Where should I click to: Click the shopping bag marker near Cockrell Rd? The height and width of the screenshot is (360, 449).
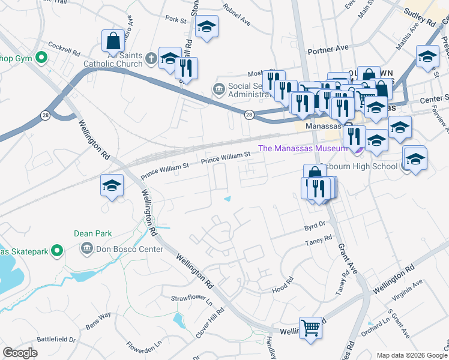113,41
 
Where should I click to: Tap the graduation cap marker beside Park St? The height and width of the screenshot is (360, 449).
206,27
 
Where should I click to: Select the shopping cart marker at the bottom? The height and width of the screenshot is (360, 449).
310,328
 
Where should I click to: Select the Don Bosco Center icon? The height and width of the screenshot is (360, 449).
86,248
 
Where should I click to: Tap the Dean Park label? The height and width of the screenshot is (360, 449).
89,234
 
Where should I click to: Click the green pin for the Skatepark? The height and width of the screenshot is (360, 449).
58,250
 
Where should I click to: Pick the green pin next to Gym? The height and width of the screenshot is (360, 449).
41,58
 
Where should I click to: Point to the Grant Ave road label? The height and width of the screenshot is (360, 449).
348,258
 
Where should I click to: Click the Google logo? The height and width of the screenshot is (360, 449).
20,353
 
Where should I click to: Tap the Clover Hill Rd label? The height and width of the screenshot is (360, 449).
211,322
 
